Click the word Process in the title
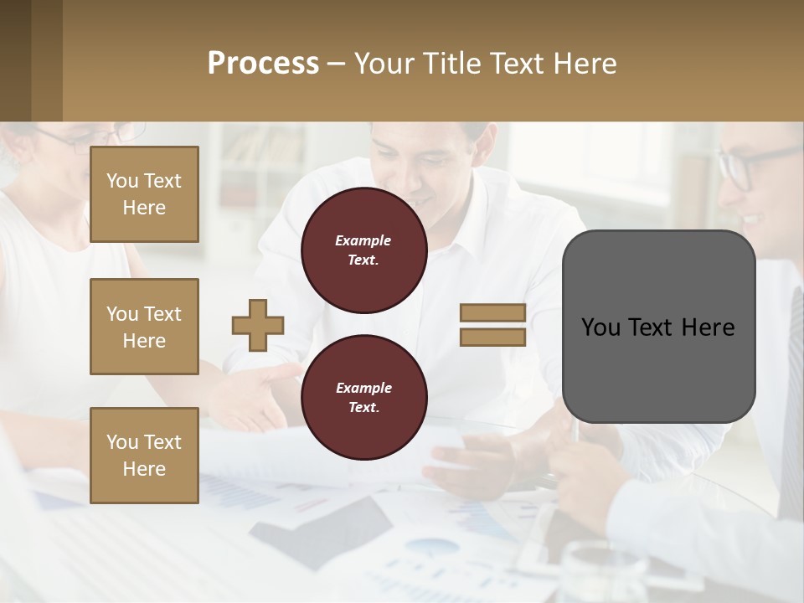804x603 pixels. (x=263, y=64)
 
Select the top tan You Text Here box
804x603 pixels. (x=144, y=194)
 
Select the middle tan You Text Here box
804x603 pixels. (x=144, y=327)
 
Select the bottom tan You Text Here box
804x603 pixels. (x=144, y=456)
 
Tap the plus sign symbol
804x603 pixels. (x=258, y=324)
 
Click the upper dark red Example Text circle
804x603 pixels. (x=363, y=250)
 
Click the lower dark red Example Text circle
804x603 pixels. (x=363, y=398)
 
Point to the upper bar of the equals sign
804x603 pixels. (x=492, y=313)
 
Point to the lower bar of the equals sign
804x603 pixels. (x=492, y=338)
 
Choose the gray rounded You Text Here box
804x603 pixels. (x=658, y=327)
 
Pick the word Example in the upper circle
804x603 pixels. (x=363, y=241)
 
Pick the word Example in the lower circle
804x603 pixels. (x=363, y=389)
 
